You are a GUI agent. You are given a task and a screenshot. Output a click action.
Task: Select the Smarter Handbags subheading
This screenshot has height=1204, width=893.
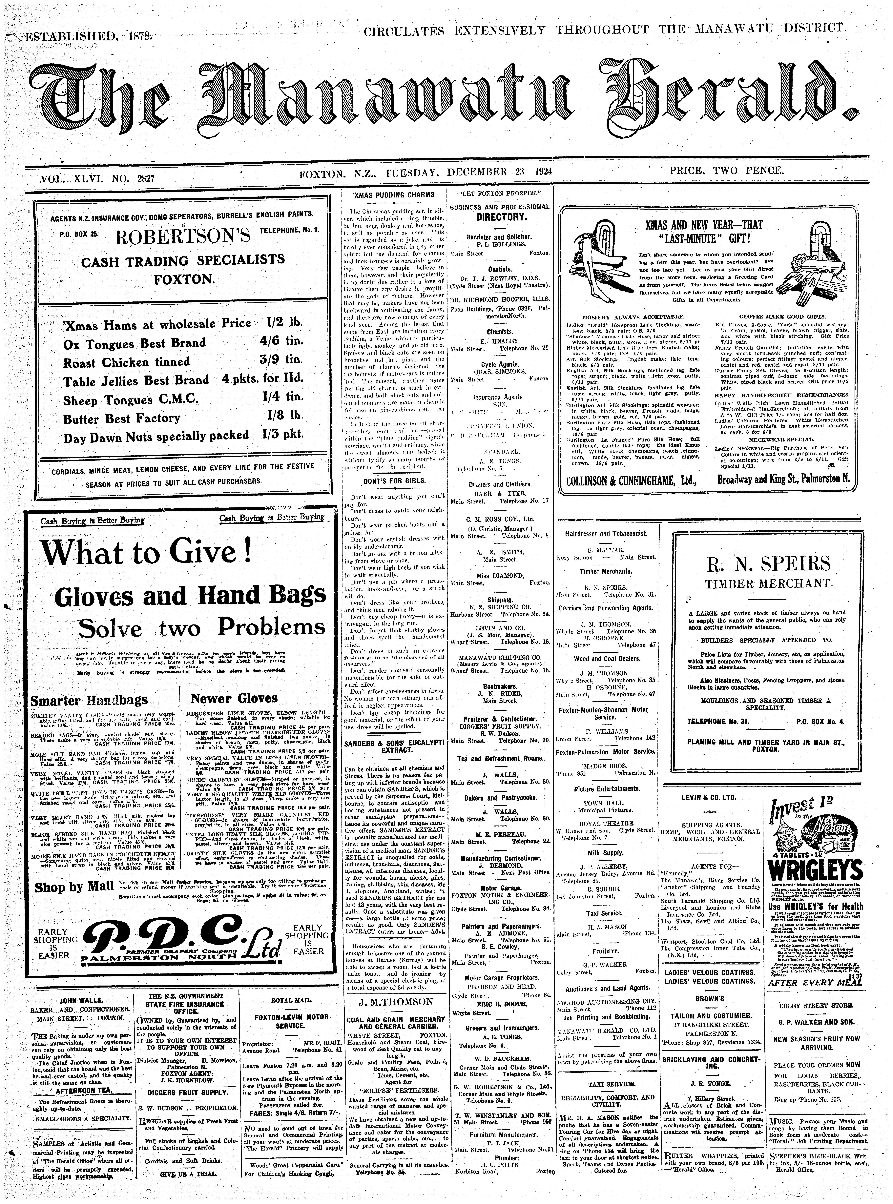coord(89,701)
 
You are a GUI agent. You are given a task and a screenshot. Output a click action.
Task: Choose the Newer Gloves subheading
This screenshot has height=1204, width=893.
coord(234,698)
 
